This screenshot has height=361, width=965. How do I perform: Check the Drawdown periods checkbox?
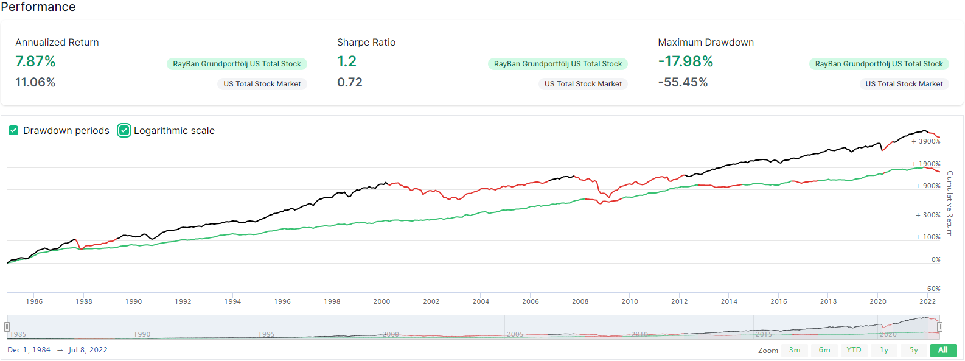click(x=13, y=130)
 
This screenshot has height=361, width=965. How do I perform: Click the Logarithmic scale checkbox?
click(x=124, y=130)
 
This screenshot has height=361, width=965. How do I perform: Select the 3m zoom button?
click(x=795, y=350)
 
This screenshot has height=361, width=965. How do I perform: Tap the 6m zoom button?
click(x=824, y=350)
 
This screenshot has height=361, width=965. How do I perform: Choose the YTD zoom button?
click(x=854, y=350)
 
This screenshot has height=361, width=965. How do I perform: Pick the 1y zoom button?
click(x=884, y=350)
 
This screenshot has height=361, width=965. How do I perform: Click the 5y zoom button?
click(x=914, y=350)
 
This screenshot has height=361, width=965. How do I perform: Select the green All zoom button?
click(x=943, y=350)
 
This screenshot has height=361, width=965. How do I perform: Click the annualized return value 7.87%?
click(x=35, y=61)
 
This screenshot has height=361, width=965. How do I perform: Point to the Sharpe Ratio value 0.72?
click(x=350, y=82)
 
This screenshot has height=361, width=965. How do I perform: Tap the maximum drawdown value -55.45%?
click(x=683, y=82)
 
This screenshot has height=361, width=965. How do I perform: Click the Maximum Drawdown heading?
click(x=706, y=42)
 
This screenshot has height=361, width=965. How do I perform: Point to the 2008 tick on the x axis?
click(x=580, y=301)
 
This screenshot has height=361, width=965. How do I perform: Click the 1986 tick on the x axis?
click(x=34, y=301)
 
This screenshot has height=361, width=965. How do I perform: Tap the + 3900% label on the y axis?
click(x=926, y=141)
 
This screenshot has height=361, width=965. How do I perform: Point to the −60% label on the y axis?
click(x=932, y=289)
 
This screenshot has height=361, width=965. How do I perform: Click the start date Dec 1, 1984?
click(x=29, y=350)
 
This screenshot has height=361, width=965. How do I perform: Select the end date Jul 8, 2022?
click(x=88, y=350)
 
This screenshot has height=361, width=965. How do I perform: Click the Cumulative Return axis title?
click(x=950, y=203)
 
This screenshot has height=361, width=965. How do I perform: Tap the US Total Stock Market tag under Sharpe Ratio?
click(x=583, y=84)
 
